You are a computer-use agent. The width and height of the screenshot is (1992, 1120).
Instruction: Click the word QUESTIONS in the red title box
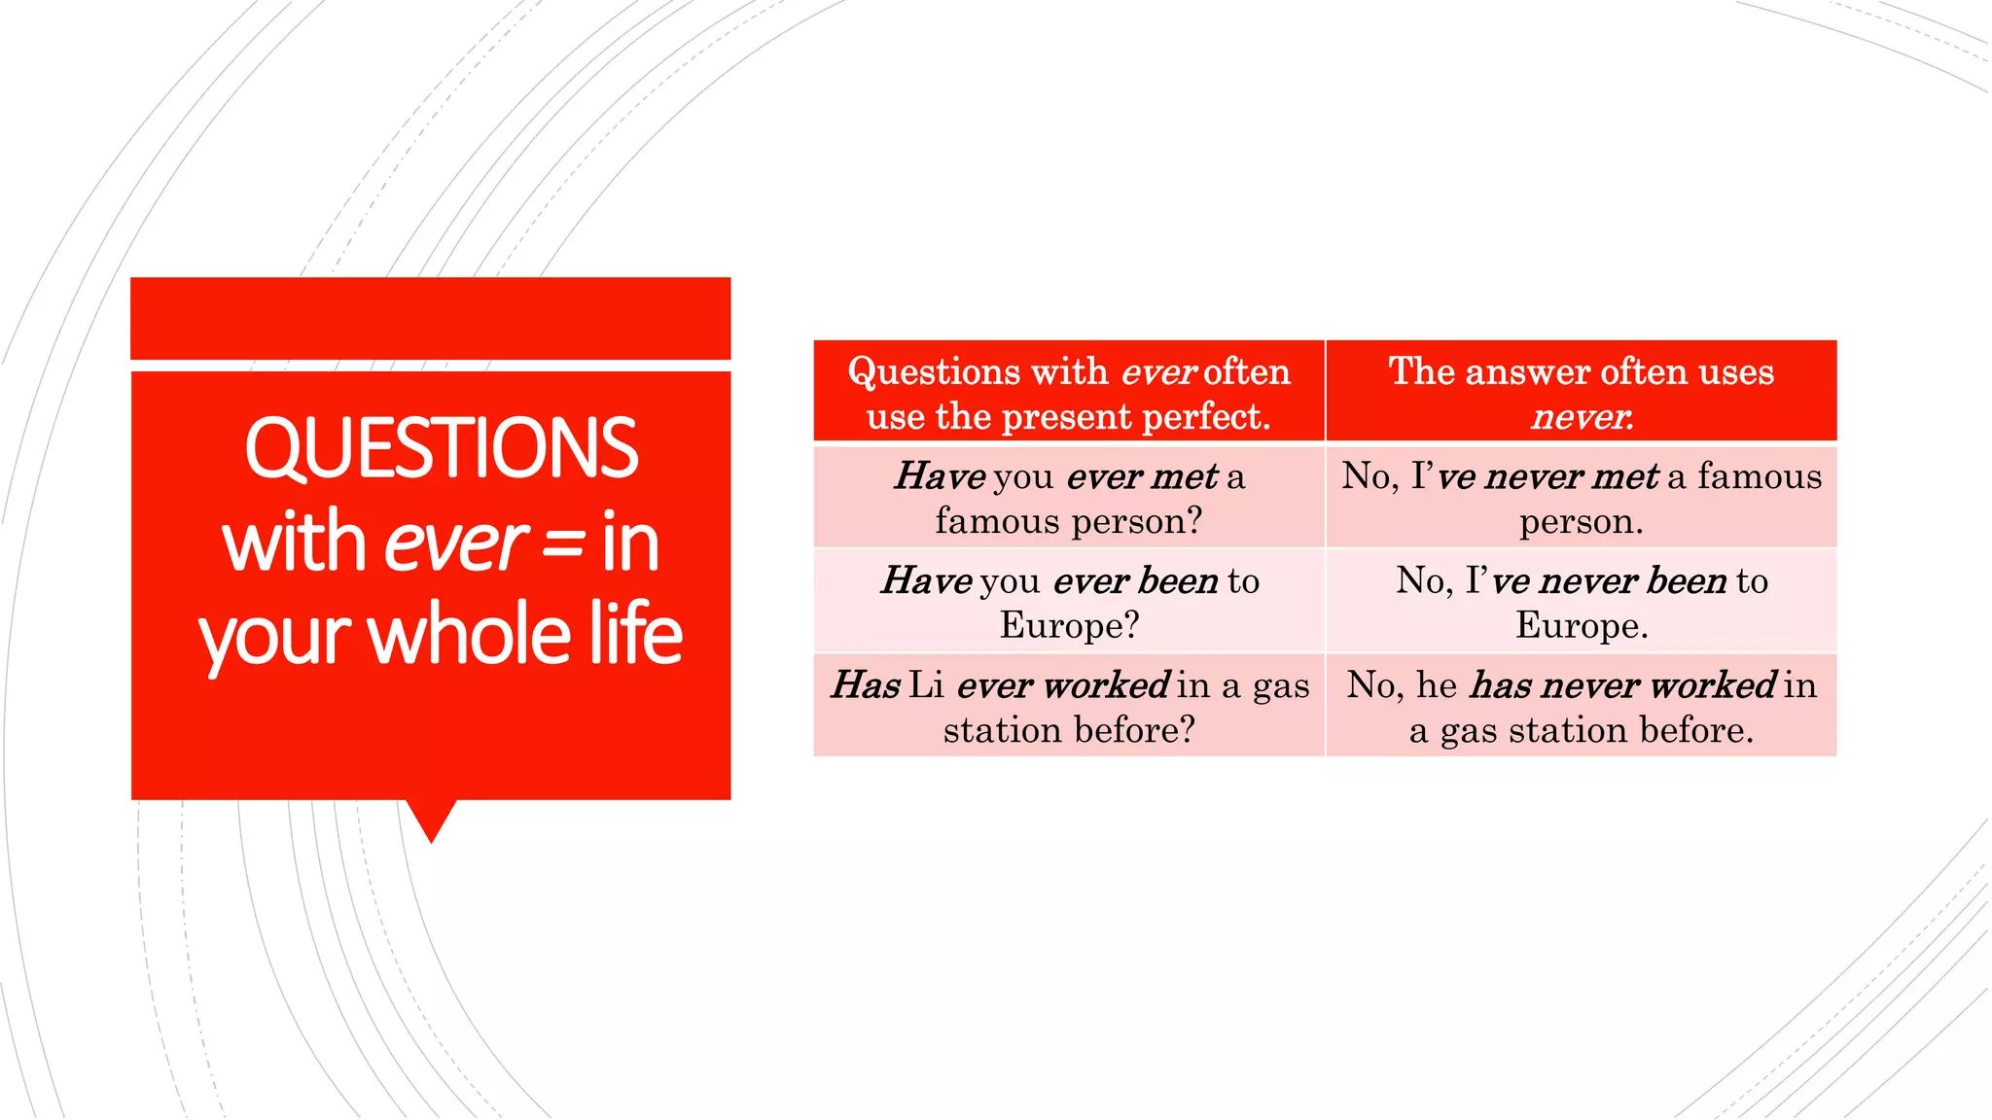(441, 448)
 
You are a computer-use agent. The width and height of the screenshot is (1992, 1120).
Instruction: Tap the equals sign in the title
(563, 543)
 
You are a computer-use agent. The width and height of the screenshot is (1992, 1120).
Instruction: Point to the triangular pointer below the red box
(431, 819)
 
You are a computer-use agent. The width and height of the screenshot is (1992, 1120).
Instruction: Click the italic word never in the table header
(1581, 417)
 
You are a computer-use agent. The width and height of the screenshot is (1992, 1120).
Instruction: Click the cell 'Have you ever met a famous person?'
(1069, 498)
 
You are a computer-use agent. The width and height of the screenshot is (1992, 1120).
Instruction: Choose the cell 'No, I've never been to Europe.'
(1582, 602)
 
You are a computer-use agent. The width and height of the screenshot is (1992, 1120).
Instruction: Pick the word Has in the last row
(866, 685)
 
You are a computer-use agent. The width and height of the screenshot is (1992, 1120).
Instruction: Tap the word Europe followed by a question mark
(1068, 625)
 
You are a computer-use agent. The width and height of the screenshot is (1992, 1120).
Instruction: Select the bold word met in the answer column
(1626, 476)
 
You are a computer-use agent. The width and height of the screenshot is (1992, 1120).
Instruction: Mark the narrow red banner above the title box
(431, 318)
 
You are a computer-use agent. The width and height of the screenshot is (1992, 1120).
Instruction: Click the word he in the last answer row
(1436, 685)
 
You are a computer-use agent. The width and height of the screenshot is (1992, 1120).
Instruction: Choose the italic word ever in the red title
(455, 543)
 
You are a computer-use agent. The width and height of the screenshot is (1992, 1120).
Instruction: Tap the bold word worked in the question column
(1106, 685)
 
